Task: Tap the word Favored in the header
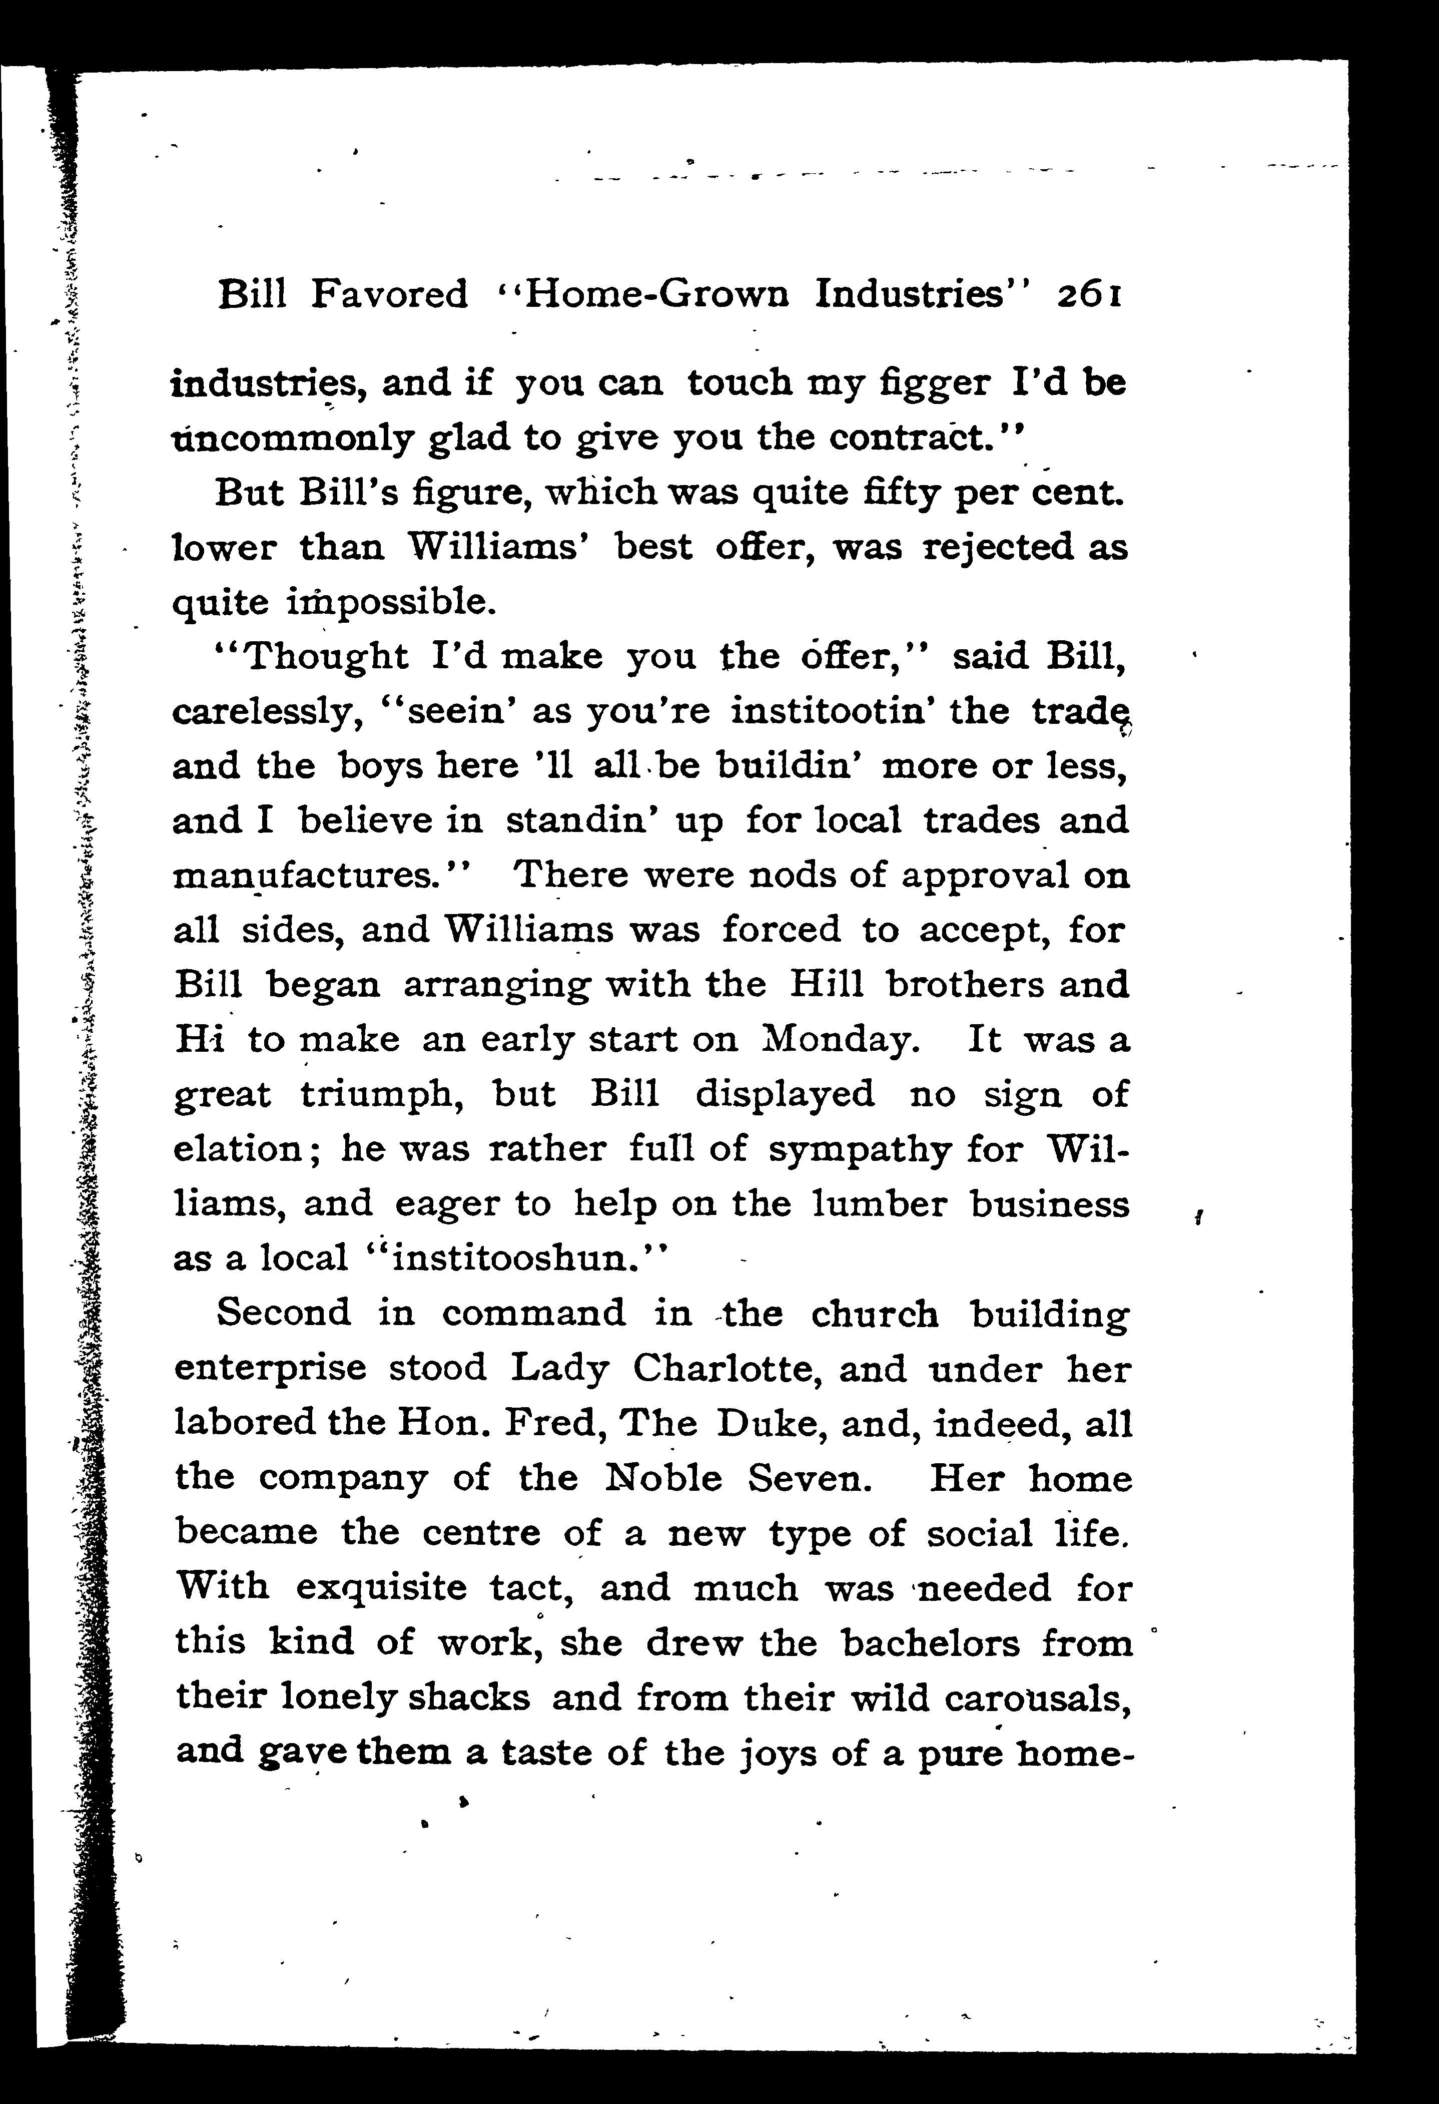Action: pos(390,294)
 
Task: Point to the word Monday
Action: pos(841,1039)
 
